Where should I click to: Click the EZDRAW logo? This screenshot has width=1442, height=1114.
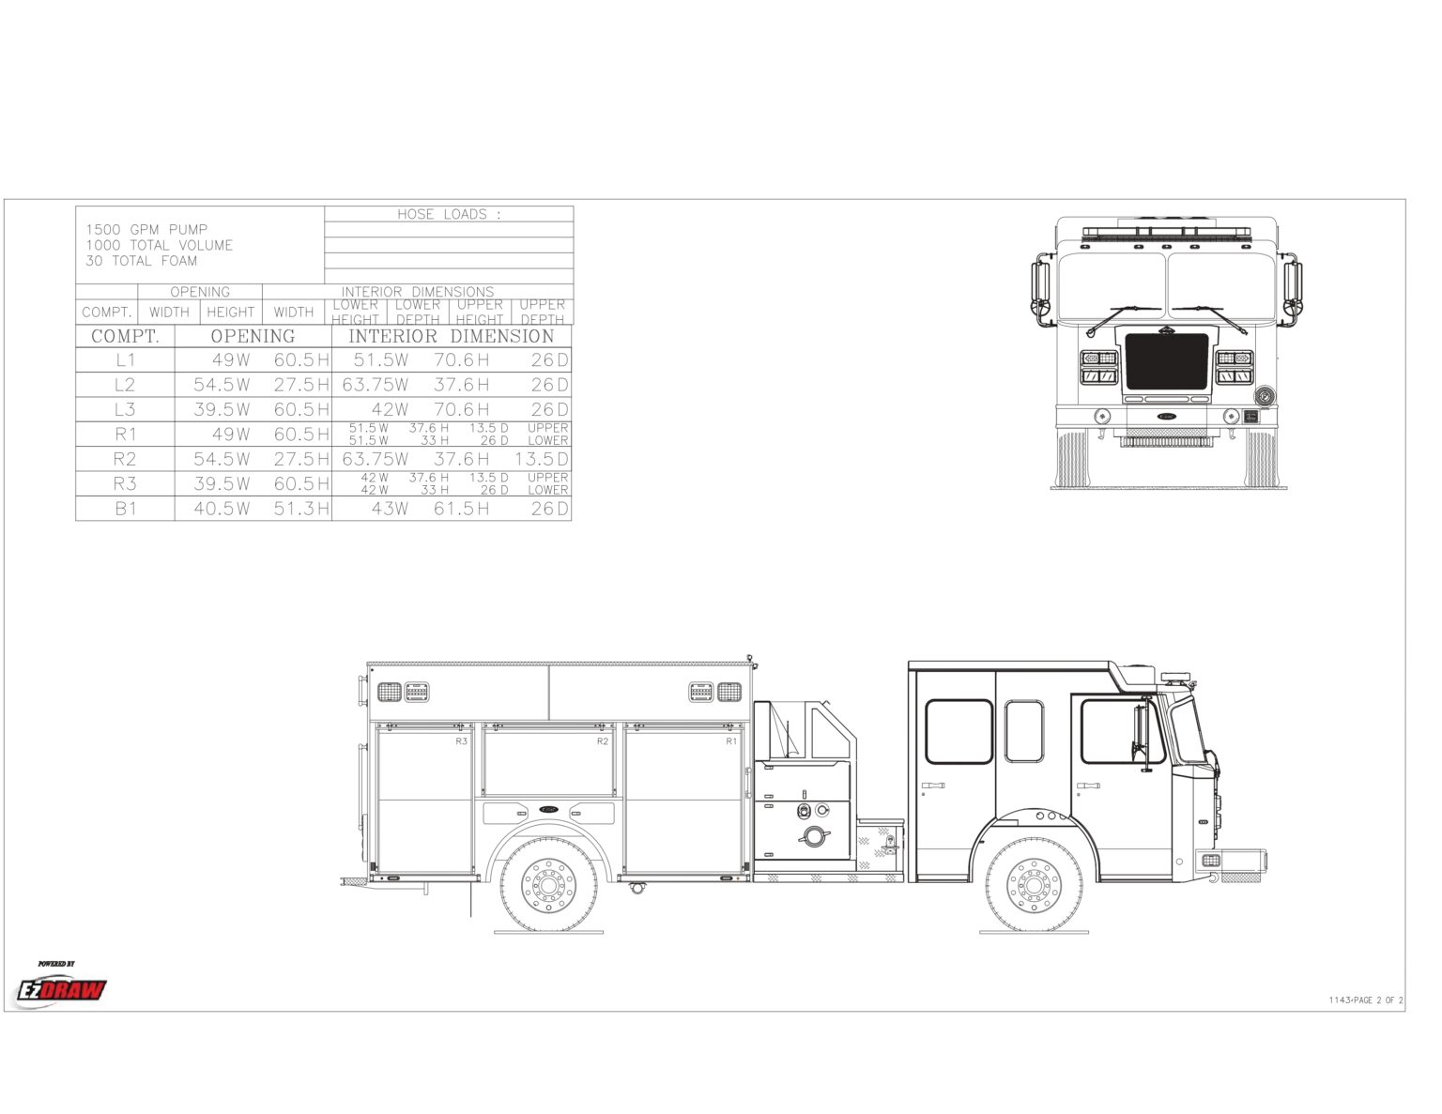[x=62, y=989]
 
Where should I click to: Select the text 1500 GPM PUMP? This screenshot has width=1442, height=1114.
[x=146, y=229]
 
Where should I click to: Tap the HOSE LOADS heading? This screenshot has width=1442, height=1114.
[x=449, y=214]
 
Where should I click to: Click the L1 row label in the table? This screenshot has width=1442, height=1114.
[x=126, y=360]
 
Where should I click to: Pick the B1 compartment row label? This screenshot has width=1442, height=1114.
[x=126, y=509]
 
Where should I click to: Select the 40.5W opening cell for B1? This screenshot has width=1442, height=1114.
[x=222, y=509]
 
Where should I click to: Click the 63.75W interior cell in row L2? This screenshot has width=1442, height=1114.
[x=376, y=385]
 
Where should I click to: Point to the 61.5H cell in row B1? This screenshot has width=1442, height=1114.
[x=461, y=509]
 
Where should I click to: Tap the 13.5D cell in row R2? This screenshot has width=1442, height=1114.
[x=542, y=459]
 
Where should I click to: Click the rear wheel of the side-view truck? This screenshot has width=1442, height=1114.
[x=548, y=884]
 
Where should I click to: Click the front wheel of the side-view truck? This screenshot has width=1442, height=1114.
[x=1034, y=884]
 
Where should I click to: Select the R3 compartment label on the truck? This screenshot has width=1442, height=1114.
[x=461, y=741]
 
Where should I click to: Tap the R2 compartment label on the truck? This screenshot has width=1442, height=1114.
[x=603, y=741]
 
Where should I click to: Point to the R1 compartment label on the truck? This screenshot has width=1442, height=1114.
[x=731, y=741]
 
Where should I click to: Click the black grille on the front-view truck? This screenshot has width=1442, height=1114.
[x=1166, y=361]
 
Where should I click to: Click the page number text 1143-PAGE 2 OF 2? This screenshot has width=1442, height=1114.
[x=1366, y=1000]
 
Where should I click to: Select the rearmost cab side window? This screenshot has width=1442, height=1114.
[x=959, y=731]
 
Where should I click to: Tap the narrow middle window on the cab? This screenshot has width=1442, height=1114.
[x=1023, y=731]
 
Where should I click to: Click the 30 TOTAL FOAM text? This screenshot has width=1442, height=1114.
[x=142, y=261]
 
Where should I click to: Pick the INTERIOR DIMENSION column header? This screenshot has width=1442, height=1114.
[x=452, y=336]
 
